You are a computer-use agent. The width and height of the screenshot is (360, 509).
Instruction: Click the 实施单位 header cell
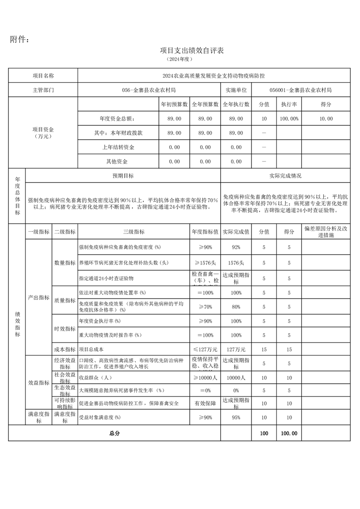click(236, 90)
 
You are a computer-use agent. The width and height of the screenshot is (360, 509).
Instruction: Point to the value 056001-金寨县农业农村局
click(300, 90)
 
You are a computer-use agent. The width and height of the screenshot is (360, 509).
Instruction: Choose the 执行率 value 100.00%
click(289, 118)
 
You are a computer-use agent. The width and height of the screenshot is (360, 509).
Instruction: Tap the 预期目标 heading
click(123, 176)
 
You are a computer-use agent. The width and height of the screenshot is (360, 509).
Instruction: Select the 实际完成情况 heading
click(285, 176)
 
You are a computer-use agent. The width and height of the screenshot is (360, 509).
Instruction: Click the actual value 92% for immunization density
click(236, 247)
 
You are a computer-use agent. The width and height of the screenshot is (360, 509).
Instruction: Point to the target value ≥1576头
click(205, 263)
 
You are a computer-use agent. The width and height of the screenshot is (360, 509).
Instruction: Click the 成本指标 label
click(65, 349)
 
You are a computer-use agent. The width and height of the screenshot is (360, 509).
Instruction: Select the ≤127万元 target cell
click(205, 349)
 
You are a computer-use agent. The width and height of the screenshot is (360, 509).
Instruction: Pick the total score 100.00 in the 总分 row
click(289, 433)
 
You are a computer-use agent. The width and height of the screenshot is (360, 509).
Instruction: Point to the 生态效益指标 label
click(65, 390)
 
